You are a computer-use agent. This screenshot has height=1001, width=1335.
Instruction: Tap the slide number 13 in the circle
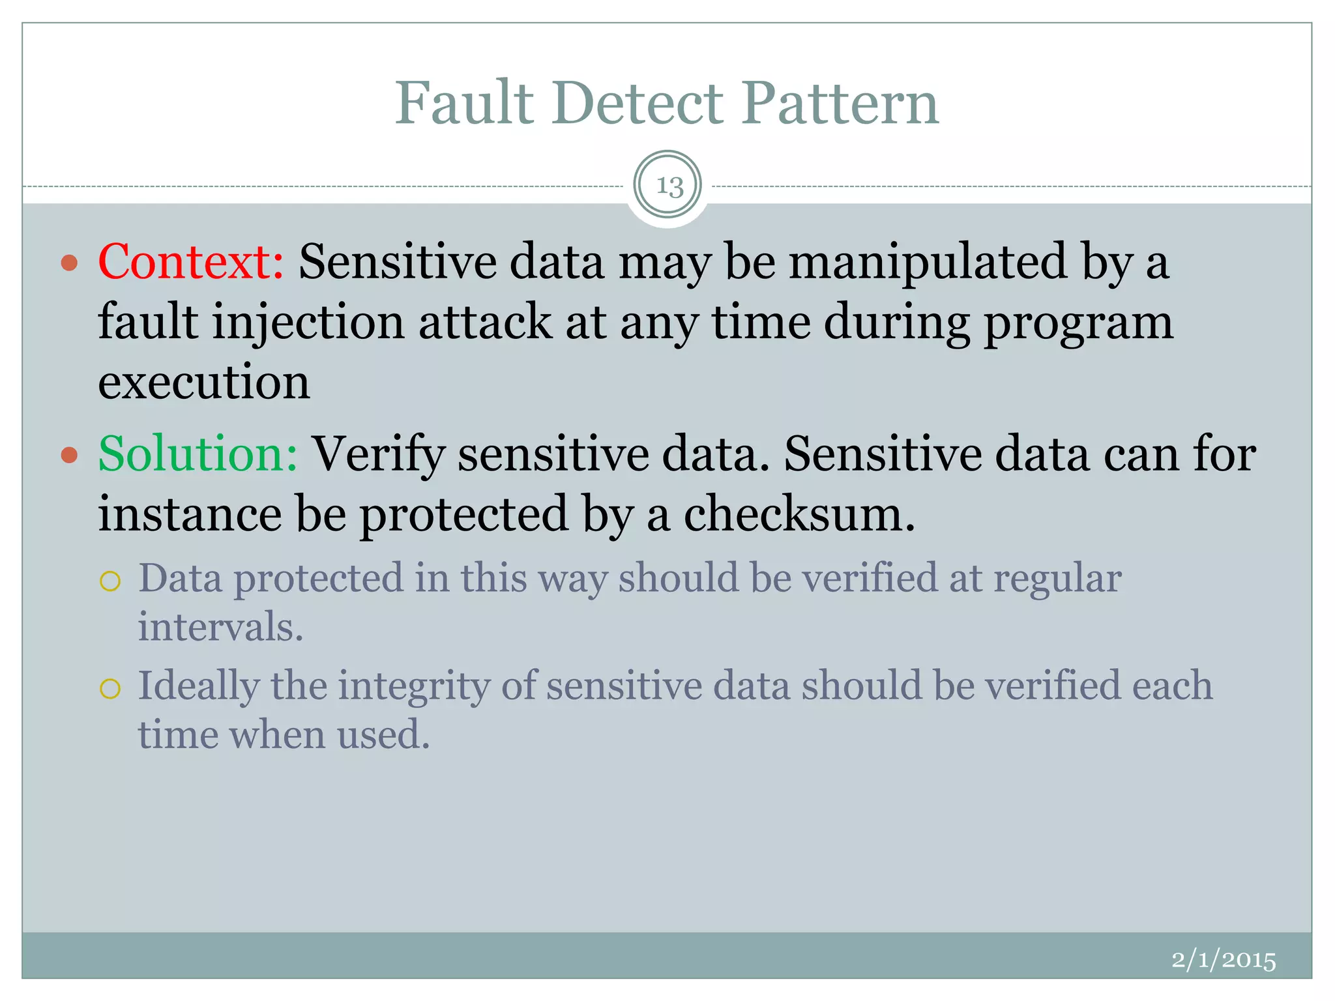tap(668, 186)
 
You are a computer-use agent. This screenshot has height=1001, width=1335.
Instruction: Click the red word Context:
tap(190, 261)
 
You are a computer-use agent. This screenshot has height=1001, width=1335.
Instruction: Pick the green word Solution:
tap(198, 454)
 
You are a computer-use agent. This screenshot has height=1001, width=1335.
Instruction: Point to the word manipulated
tap(928, 263)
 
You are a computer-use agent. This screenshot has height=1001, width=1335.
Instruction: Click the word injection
tap(308, 322)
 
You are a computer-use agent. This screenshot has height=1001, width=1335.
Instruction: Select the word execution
tap(204, 382)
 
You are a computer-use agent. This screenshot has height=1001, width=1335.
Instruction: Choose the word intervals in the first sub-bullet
tap(220, 627)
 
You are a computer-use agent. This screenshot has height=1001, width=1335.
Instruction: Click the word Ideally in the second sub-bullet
tap(199, 687)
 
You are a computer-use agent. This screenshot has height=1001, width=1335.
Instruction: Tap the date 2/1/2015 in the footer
tap(1223, 960)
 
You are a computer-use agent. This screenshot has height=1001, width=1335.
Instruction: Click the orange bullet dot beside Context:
tap(69, 263)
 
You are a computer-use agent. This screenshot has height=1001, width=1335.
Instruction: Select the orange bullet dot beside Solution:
tap(69, 455)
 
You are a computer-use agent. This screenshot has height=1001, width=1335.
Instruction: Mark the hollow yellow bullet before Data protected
tap(111, 581)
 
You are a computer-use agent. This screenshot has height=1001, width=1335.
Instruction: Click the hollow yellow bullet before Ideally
tap(111, 688)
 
